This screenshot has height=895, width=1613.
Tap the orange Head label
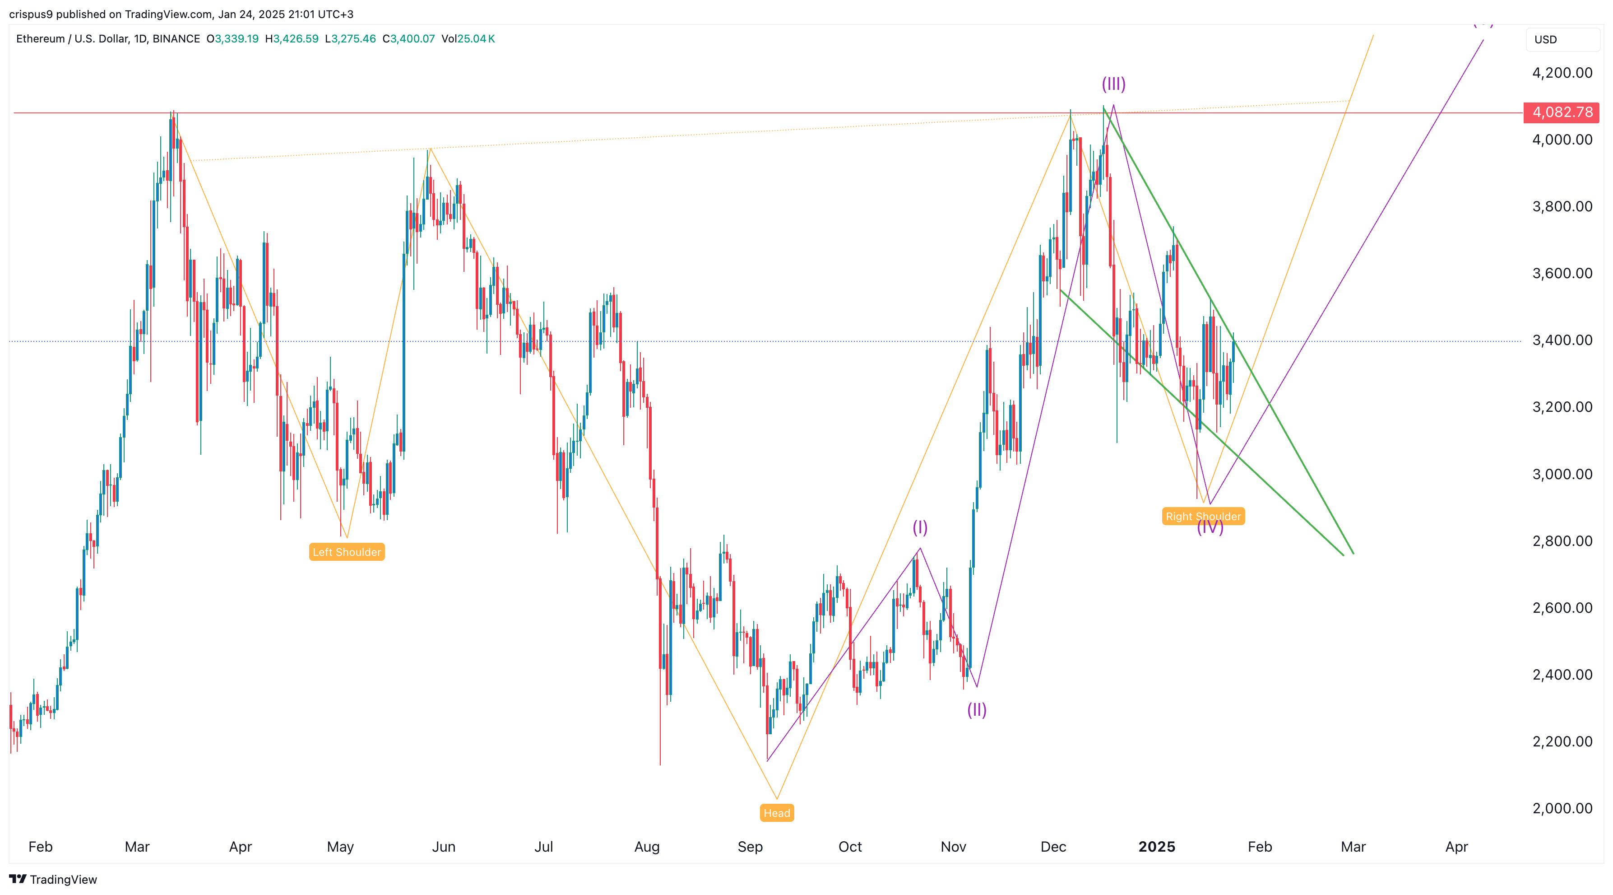(776, 813)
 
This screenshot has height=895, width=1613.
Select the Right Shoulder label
(1203, 516)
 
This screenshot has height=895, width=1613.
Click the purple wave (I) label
(919, 527)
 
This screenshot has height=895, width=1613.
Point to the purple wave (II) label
(976, 709)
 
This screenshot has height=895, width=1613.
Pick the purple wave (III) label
(1113, 84)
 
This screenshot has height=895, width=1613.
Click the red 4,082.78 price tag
(1562, 112)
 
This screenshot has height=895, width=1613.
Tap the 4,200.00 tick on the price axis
(1562, 73)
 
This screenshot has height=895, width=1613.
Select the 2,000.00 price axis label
(1562, 808)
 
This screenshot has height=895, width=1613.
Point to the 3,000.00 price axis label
(1562, 474)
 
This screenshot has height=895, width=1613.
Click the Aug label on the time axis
(647, 847)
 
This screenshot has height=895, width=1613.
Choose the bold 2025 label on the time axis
(1157, 847)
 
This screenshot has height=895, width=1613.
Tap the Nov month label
(953, 847)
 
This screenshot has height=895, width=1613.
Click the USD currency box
(1562, 39)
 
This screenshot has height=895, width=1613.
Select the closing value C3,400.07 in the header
(408, 39)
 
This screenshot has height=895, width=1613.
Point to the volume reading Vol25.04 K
(468, 39)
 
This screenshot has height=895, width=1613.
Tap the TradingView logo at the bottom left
(53, 879)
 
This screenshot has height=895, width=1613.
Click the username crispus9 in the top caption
(31, 14)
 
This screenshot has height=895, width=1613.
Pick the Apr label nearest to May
(241, 847)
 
